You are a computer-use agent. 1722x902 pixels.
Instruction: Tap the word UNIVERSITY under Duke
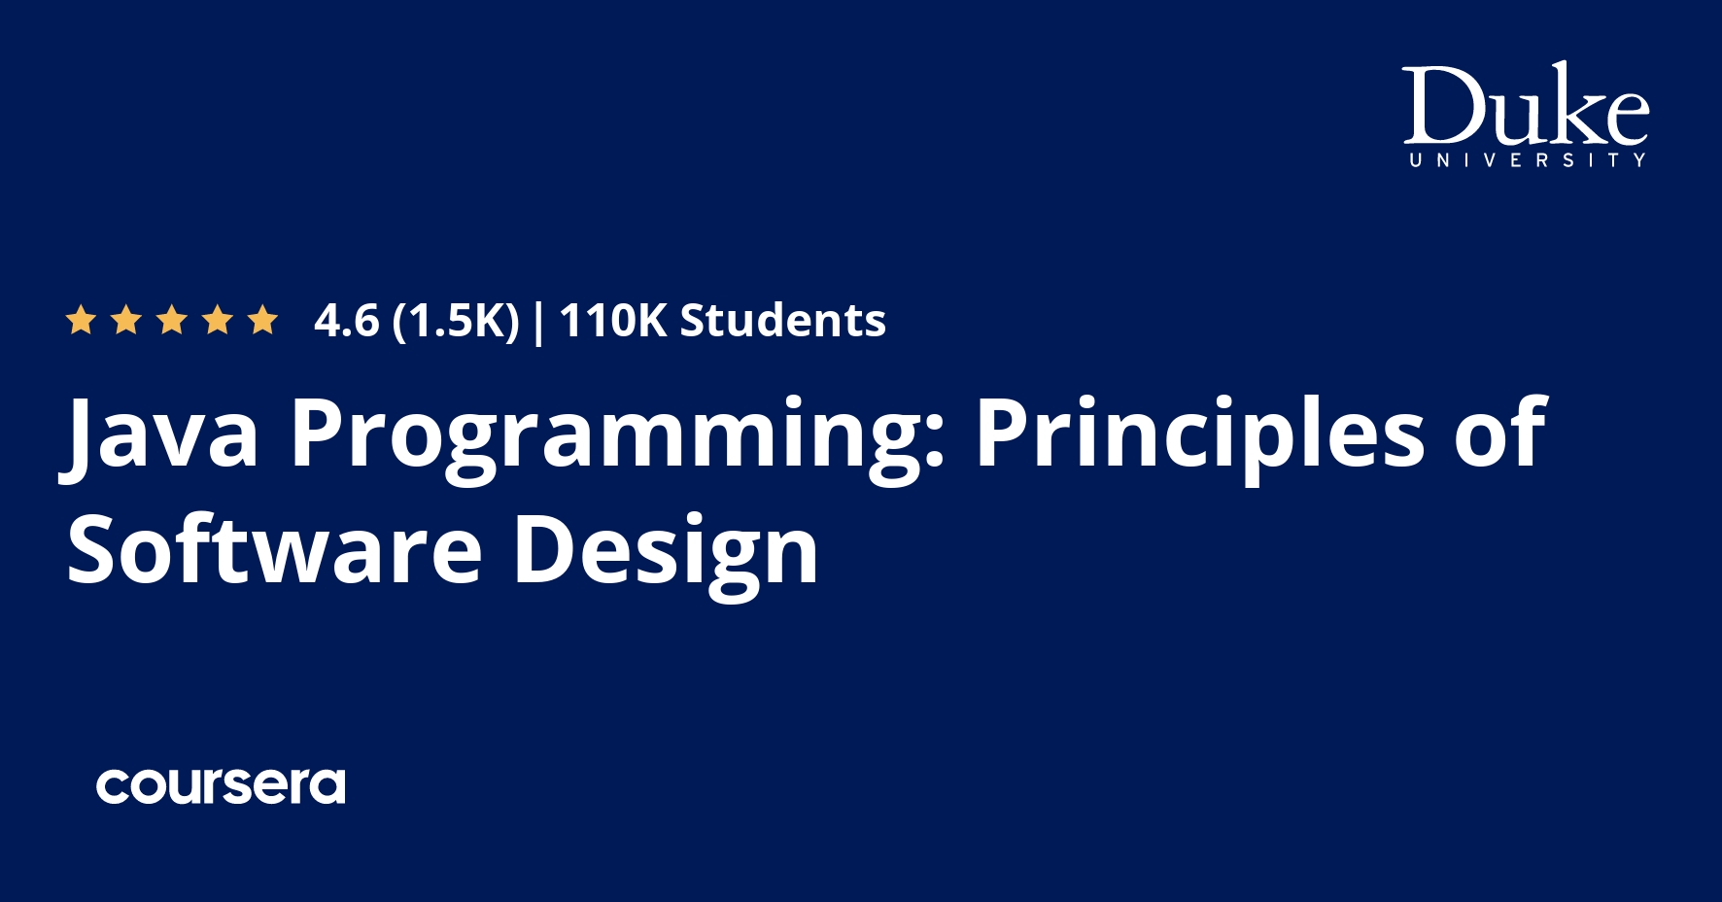coord(1527,160)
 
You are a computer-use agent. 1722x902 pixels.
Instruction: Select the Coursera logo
coord(221,785)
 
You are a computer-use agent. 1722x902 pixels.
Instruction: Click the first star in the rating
coord(80,320)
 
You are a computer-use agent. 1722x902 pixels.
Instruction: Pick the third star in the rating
coord(172,320)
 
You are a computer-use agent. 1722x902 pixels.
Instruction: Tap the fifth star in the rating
coord(262,320)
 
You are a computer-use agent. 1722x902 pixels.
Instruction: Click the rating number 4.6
coord(346,321)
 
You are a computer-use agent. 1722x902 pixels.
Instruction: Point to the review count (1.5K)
coord(456,321)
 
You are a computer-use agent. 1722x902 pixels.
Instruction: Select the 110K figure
coord(612,321)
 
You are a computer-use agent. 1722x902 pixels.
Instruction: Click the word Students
coord(782,321)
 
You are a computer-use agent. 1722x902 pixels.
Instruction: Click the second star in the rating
coord(126,320)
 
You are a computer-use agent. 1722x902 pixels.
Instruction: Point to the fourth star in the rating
coord(218,320)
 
